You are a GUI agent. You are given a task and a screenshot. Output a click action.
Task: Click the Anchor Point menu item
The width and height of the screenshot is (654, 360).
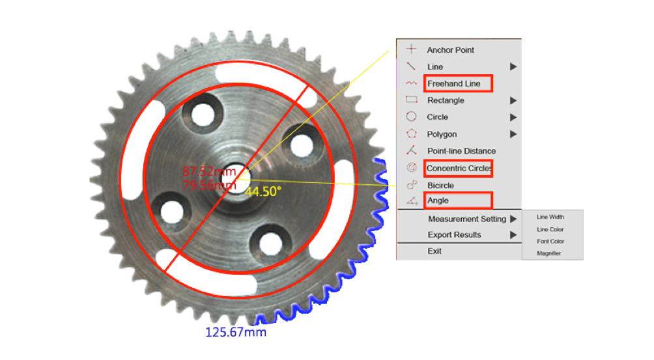451,50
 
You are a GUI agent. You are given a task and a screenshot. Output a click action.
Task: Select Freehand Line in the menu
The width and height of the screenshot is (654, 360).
454,84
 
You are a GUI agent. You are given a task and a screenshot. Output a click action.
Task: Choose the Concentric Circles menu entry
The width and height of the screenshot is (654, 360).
459,169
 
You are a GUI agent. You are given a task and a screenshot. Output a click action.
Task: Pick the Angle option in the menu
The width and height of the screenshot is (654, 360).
438,201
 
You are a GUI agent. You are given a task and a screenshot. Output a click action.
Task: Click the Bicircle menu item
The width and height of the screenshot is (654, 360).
440,186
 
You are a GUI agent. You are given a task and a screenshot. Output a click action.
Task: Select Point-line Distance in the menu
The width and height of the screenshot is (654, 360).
461,151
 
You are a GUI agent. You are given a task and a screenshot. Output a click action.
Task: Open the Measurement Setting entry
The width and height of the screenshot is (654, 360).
467,219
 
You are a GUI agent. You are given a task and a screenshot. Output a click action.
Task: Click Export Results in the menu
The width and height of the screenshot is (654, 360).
454,235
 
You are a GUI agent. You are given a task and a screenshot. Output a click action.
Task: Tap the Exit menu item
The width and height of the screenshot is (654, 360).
434,251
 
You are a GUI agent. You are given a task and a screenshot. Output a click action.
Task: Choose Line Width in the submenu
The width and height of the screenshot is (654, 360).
550,217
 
